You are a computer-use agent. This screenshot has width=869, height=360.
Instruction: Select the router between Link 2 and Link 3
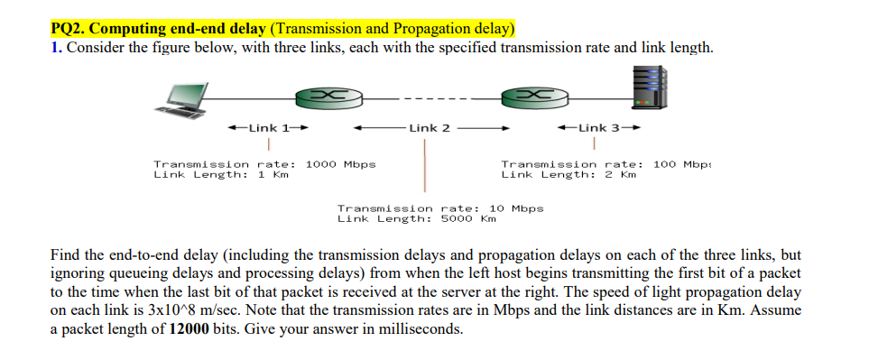coord(532,96)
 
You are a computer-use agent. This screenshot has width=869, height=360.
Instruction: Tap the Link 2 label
coord(430,128)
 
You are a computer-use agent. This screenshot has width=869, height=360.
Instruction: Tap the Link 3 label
coord(599,128)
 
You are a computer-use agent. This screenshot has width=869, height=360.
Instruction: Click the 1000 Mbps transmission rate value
coord(341,164)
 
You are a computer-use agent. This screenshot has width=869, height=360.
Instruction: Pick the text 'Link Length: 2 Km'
coord(569,174)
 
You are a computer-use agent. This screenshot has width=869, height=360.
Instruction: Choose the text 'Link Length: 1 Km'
coord(221,174)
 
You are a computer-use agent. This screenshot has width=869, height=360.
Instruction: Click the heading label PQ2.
coord(69,29)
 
